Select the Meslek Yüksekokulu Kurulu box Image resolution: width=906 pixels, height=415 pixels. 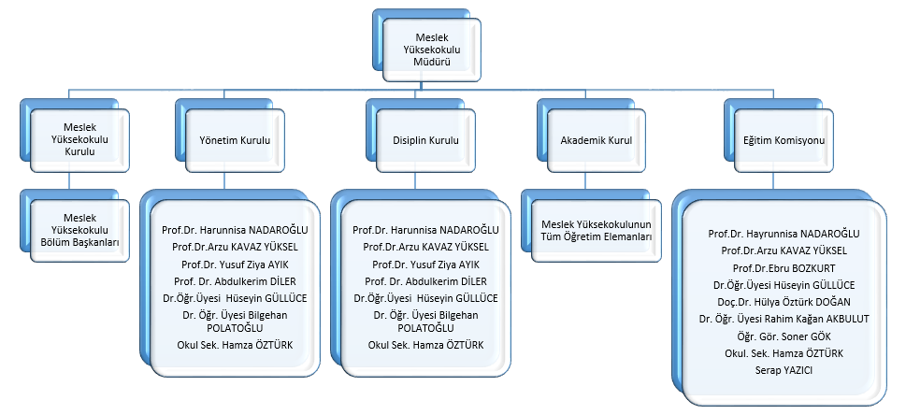pyautogui.click(x=79, y=140)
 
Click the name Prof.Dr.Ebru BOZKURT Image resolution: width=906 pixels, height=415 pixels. pyautogui.click(x=784, y=267)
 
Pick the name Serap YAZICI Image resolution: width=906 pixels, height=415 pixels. pyautogui.click(x=784, y=370)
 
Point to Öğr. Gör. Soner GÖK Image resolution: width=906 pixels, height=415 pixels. pyautogui.click(x=784, y=336)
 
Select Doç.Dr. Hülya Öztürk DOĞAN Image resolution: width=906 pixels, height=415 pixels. pyautogui.click(x=784, y=302)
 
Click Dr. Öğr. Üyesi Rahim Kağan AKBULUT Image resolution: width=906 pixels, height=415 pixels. pyautogui.click(x=784, y=319)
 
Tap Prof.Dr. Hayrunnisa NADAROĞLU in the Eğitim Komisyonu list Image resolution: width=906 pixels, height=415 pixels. pyautogui.click(x=784, y=234)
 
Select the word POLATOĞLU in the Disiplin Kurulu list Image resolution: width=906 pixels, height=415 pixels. pyautogui.click(x=425, y=328)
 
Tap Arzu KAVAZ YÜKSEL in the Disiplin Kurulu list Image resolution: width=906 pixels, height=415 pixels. pyautogui.click(x=425, y=247)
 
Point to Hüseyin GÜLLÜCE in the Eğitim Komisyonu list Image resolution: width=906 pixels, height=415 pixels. pyautogui.click(x=784, y=284)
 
